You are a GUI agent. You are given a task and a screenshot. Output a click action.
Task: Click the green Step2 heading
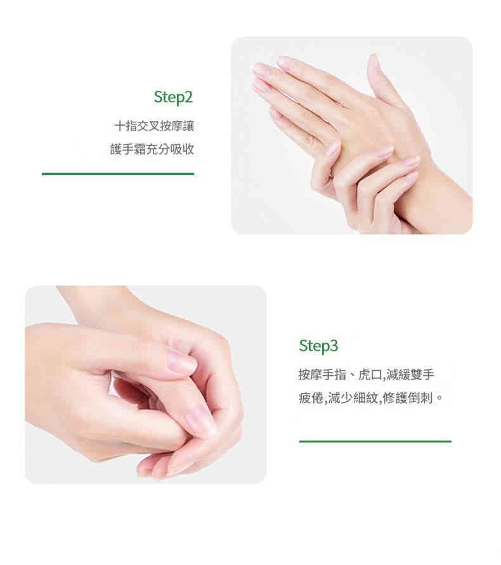click(x=173, y=97)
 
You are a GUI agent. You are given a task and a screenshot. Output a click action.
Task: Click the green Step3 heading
click(x=318, y=346)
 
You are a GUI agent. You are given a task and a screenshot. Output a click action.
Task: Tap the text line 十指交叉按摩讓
click(x=154, y=126)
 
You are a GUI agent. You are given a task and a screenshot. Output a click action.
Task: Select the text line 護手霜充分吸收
click(x=152, y=149)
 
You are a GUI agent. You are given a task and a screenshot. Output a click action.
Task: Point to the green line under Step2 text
click(x=118, y=174)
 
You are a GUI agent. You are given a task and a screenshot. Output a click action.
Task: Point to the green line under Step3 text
click(x=375, y=441)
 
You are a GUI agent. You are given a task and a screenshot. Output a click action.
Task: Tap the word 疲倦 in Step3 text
click(x=311, y=398)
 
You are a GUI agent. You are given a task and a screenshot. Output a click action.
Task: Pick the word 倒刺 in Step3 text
click(x=420, y=398)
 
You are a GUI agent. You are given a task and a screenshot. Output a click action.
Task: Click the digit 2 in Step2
click(x=188, y=96)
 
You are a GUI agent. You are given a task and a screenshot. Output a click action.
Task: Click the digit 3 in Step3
click(x=334, y=345)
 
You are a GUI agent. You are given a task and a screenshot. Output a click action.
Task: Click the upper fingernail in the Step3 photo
click(x=181, y=361)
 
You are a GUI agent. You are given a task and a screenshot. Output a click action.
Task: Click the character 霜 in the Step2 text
click(x=140, y=149)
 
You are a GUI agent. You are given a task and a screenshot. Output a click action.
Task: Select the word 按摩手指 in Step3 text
click(x=322, y=375)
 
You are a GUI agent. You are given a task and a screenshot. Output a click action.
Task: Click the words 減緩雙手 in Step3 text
click(x=410, y=375)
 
